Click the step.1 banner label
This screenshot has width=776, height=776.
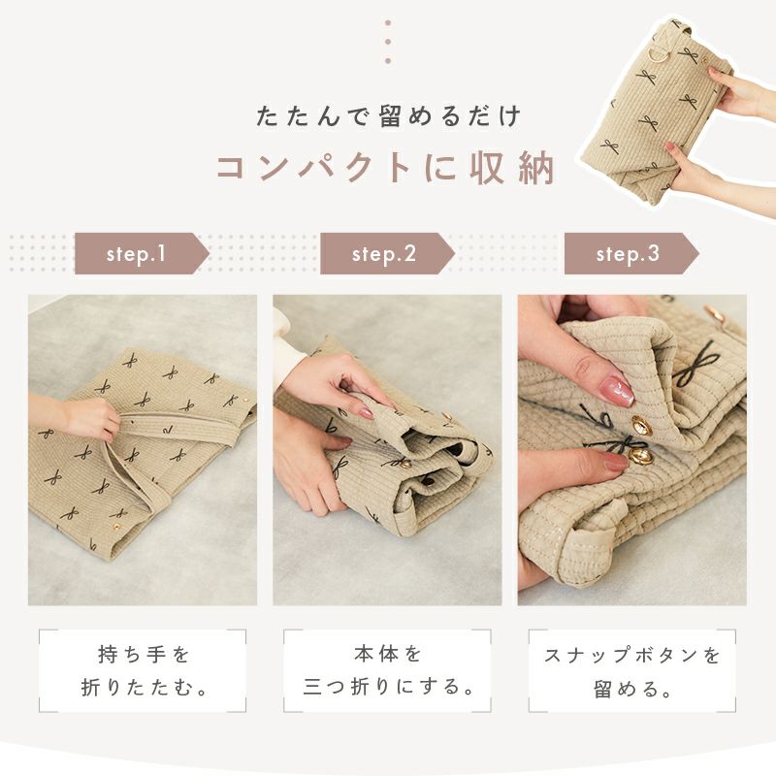pos(136,254)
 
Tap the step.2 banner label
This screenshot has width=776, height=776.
pos(383,254)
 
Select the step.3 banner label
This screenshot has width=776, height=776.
pos(628,254)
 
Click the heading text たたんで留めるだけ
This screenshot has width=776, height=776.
pos(389,116)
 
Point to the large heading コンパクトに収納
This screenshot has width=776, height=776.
pos(386,168)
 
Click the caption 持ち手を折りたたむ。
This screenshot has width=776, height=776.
pos(143,671)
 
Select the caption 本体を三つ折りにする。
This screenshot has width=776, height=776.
pos(388,671)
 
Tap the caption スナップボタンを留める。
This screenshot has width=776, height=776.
pos(632,671)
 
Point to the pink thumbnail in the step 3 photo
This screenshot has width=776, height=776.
pos(616,390)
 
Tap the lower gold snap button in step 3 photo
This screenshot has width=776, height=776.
pos(637,456)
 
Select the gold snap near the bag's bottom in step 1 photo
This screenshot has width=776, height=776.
pos(116,526)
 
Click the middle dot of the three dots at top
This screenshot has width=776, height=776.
pos(388,42)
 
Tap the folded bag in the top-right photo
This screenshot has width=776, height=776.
pos(656,112)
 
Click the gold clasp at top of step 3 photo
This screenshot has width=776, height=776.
pos(714,313)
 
